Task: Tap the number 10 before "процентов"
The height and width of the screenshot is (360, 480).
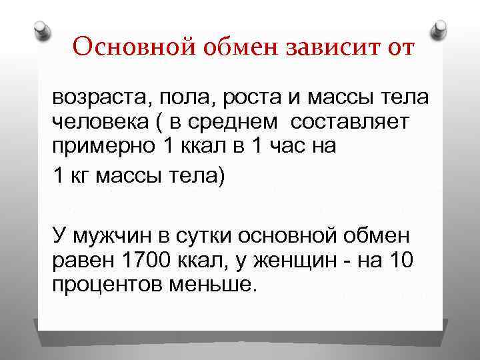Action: coord(401,261)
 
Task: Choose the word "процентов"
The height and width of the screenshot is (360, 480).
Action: coord(106,285)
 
